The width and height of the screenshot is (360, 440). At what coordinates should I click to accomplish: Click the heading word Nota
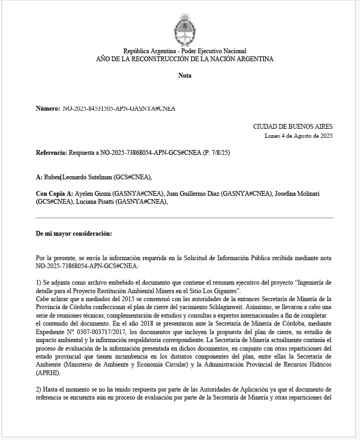pos(185,76)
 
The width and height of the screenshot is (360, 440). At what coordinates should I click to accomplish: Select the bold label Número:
pos(48,109)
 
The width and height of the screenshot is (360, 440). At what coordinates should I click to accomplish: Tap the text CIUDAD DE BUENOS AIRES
pos(293,127)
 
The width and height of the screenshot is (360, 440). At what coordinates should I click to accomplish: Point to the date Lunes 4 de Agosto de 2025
pos(299,136)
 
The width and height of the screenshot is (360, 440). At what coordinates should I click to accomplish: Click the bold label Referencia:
pos(52,153)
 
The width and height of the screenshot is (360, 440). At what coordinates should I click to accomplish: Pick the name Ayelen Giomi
pos(93,194)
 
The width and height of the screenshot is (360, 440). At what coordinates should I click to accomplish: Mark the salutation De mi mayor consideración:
pos(74,234)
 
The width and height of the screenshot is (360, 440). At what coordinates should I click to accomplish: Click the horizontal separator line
pos(185,218)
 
